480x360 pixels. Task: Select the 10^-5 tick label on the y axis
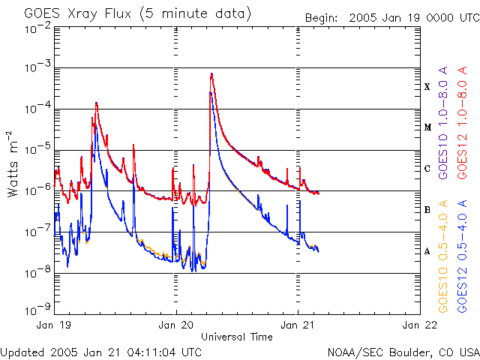coord(37,149)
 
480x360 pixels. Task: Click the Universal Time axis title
coord(236,337)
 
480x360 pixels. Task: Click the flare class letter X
coord(427,87)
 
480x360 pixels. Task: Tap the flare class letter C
coord(427,169)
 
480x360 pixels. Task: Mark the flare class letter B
coord(427,210)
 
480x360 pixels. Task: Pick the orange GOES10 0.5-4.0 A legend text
coord(443,256)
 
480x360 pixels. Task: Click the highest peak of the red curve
coord(212,73)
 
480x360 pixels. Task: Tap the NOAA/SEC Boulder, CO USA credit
coord(403,352)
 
